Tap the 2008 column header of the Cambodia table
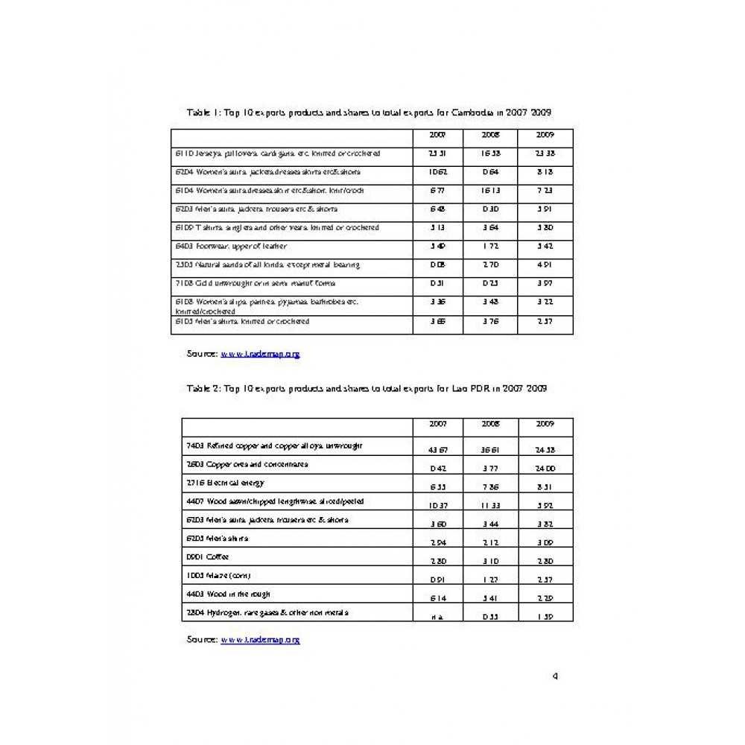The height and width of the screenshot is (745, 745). tap(490, 135)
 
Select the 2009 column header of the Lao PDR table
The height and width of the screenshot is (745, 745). tap(545, 423)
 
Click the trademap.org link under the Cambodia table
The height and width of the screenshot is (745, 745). tap(260, 354)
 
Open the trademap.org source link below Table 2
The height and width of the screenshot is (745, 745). tap(260, 639)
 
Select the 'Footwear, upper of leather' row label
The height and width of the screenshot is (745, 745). tap(231, 246)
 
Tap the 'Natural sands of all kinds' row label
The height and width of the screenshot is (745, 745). tap(267, 264)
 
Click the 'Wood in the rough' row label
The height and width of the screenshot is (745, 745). tap(228, 594)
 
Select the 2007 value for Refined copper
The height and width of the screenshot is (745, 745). tap(438, 450)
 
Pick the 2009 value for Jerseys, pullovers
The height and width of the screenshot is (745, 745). tap(545, 153)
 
